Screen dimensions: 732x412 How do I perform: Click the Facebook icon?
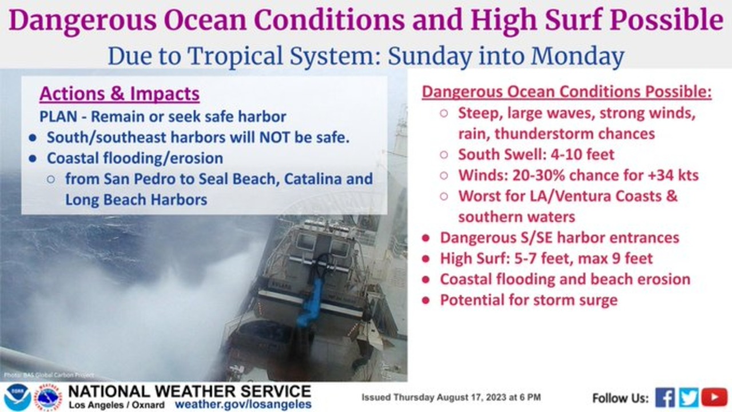click(665, 398)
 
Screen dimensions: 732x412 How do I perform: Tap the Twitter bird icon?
click(689, 398)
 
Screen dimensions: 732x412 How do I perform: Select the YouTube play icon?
click(714, 398)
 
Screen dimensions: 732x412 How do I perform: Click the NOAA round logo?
click(17, 397)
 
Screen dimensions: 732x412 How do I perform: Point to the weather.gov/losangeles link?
click(243, 405)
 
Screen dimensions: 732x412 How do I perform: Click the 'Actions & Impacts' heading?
click(120, 93)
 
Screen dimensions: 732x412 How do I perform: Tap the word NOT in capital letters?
click(274, 137)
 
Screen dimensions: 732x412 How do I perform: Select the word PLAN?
click(58, 117)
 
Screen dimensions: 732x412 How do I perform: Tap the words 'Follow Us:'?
click(620, 398)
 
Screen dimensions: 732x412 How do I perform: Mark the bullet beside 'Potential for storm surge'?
click(425, 300)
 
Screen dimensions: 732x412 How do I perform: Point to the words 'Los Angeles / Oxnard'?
click(117, 405)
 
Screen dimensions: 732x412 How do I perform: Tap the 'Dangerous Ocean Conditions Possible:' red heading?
click(567, 92)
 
